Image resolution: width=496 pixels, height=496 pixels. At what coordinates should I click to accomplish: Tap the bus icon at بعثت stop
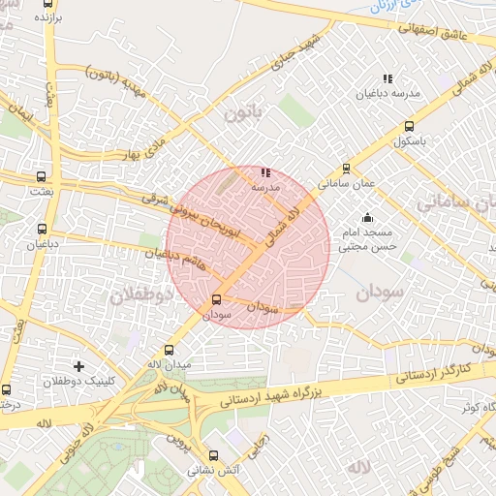(x=41, y=177)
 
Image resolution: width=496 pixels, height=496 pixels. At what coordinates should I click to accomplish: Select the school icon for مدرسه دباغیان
(x=387, y=78)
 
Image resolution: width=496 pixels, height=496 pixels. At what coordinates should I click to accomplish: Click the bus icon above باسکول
(x=409, y=126)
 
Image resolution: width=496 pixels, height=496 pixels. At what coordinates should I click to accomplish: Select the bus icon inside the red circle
(x=216, y=299)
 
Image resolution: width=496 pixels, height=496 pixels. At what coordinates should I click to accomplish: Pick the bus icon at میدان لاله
(x=170, y=350)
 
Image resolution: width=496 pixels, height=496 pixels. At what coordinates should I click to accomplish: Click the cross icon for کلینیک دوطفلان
(x=78, y=366)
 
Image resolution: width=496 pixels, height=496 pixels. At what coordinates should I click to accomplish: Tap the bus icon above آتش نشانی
(x=213, y=455)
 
